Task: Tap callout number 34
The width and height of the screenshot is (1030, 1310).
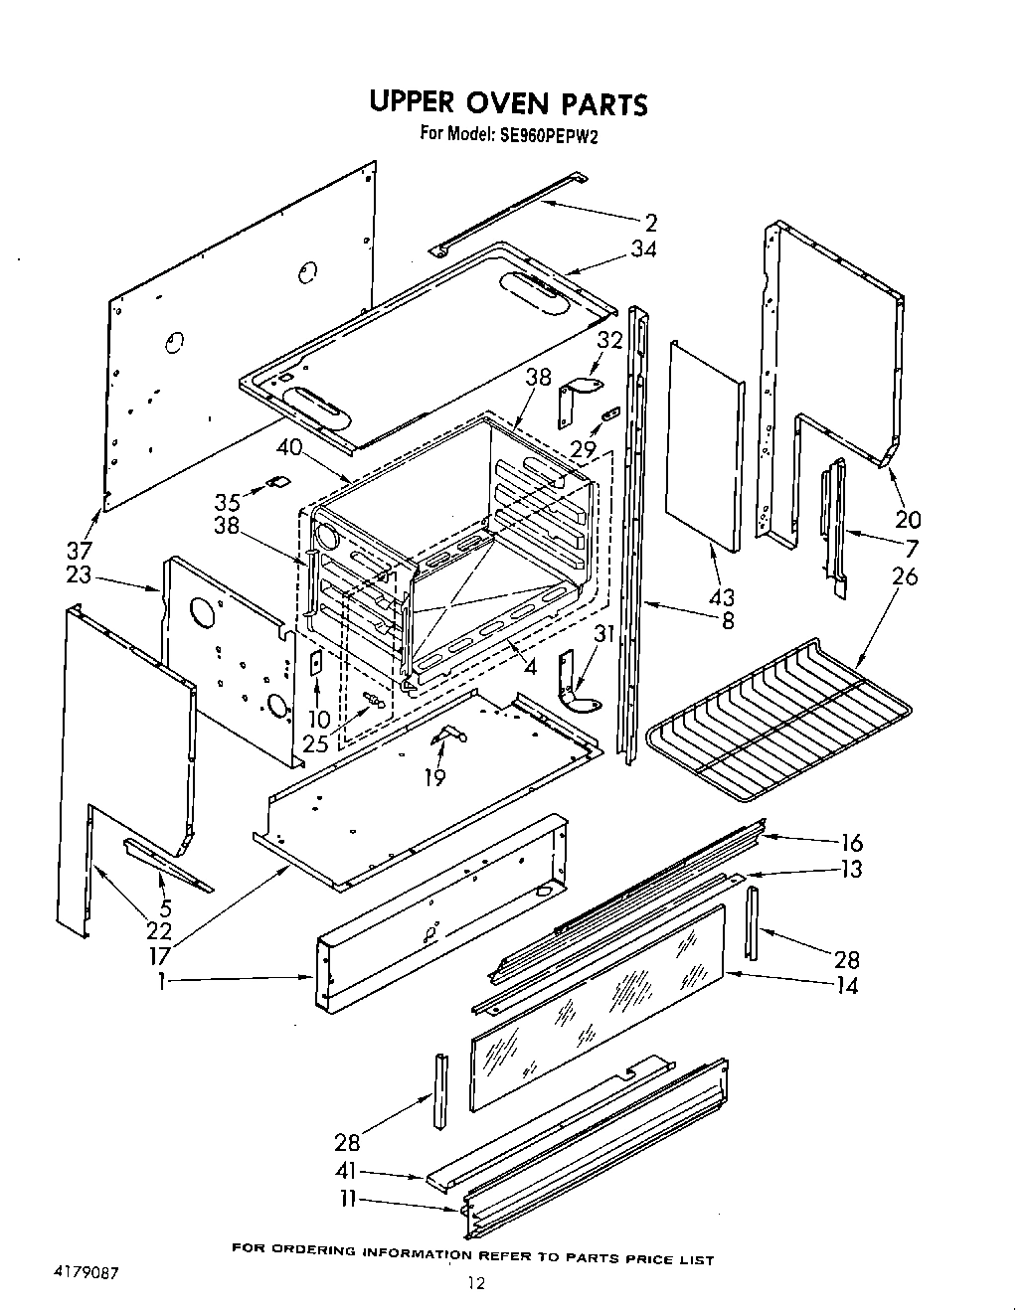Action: (x=643, y=249)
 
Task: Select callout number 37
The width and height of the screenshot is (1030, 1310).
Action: (x=79, y=550)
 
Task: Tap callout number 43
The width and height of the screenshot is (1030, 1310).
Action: (x=721, y=597)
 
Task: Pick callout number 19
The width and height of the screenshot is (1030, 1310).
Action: (x=434, y=777)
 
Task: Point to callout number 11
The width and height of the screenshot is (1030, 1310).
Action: (x=347, y=1200)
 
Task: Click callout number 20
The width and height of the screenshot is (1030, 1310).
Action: (x=908, y=519)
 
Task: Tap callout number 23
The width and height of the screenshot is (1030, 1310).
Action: (x=79, y=573)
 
